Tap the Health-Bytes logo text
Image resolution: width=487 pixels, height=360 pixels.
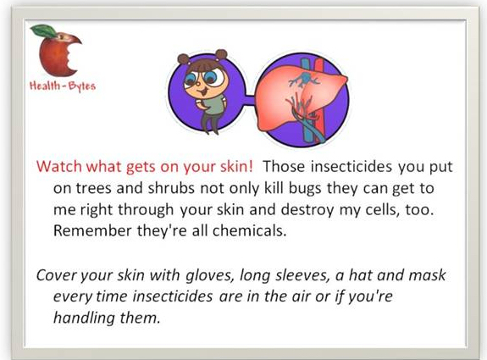[x=63, y=86]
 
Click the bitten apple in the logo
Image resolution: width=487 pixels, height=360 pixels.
[x=58, y=53]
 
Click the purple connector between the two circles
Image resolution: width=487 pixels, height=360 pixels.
[x=249, y=101]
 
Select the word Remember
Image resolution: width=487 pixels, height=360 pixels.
[x=92, y=230]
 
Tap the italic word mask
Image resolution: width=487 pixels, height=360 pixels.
[x=427, y=275]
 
